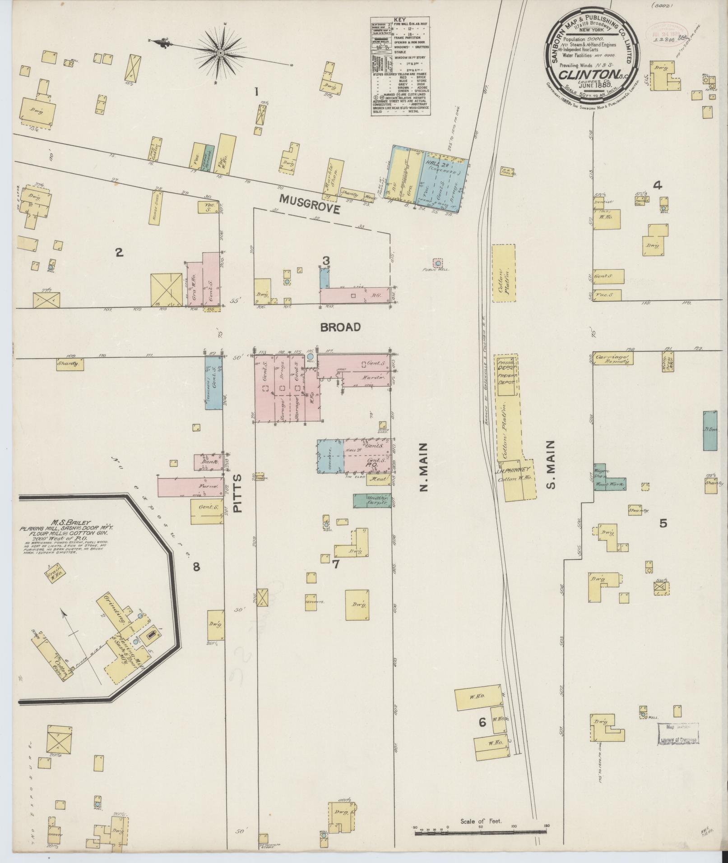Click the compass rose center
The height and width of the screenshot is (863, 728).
click(221, 53)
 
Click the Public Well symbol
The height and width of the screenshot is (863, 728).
click(437, 262)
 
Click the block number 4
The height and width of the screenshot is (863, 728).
click(658, 185)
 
